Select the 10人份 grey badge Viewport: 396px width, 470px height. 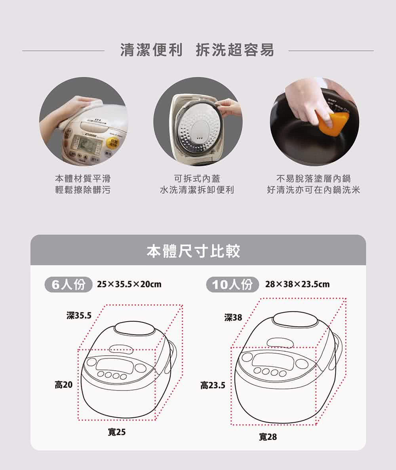coord(232,284)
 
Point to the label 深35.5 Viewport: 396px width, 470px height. coord(79,316)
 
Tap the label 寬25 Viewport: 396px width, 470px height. coord(116,432)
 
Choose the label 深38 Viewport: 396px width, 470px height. coord(233,317)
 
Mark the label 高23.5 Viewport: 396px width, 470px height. coord(213,385)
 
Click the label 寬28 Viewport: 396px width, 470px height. coord(268,437)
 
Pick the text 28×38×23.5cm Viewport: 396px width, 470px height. coord(297,284)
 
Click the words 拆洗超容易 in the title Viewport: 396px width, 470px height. coord(235,50)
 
